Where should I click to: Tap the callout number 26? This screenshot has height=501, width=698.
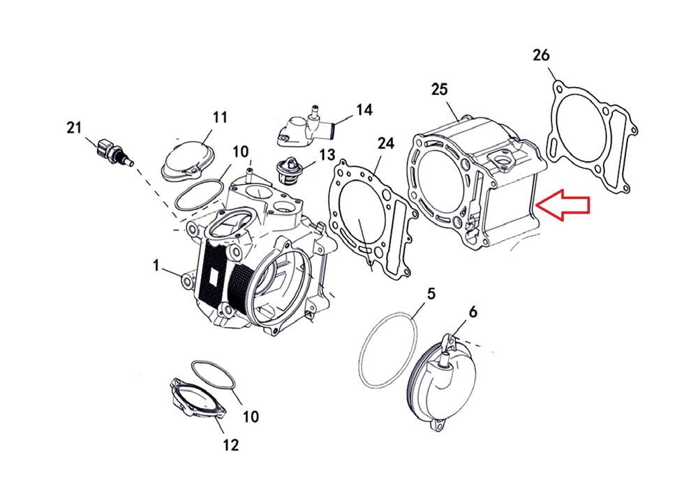tap(541, 55)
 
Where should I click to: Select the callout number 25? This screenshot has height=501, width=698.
tap(439, 89)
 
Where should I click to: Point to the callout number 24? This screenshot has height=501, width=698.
tap(386, 144)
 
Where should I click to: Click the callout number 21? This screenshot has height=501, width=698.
tap(74, 128)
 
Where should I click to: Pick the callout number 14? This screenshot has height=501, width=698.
tap(364, 110)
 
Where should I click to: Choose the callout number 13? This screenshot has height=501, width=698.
tap(327, 155)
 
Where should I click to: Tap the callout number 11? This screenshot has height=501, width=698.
tap(220, 118)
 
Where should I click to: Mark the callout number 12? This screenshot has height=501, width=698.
tap(230, 444)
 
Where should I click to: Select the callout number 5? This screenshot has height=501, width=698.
tap(431, 293)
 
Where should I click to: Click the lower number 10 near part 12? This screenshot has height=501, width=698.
tap(250, 417)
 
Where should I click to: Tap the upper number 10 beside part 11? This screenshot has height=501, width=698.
tap(240, 151)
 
